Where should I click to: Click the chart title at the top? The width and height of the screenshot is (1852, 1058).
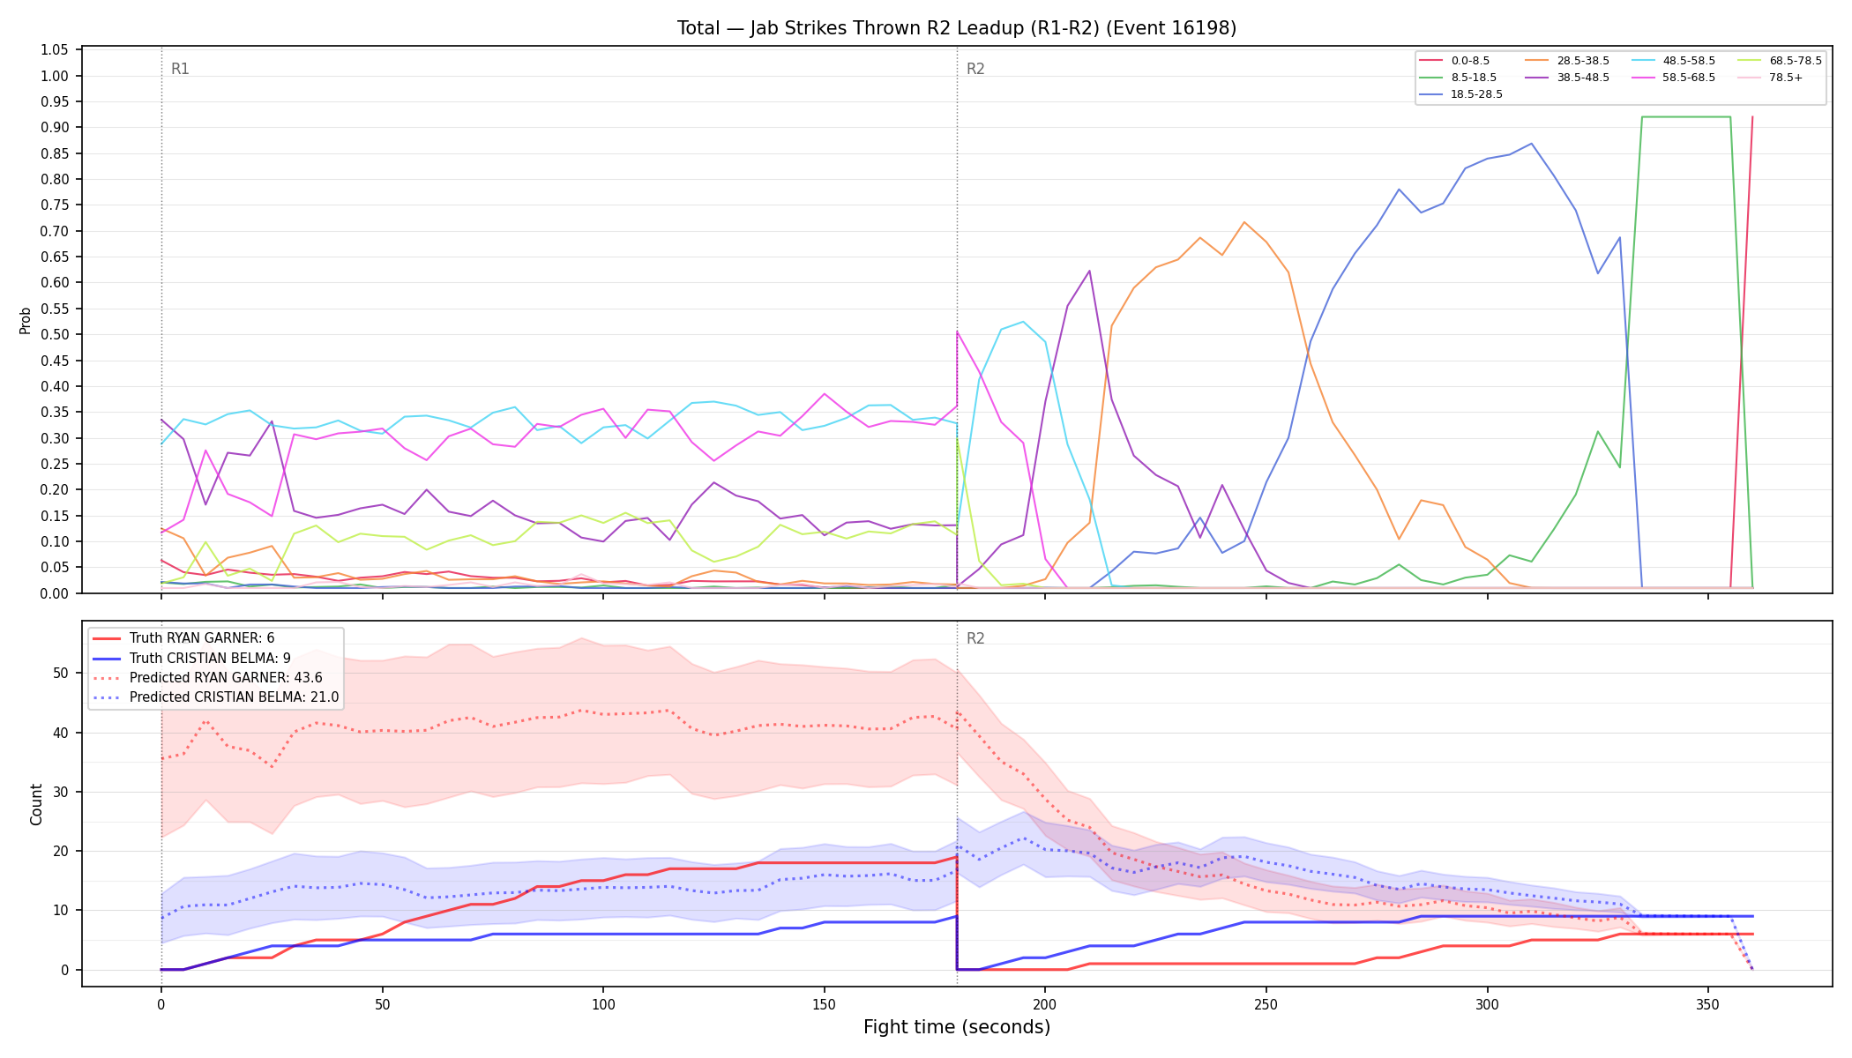(957, 28)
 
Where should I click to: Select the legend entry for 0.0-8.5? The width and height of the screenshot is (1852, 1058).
(1454, 61)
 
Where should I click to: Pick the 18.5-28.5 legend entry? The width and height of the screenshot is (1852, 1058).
(1460, 94)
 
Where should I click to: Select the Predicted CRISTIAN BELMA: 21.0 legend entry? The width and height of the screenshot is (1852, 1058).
(216, 697)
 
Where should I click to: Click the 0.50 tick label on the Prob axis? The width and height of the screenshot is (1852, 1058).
(55, 335)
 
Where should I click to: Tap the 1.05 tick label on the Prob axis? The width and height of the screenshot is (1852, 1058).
(55, 50)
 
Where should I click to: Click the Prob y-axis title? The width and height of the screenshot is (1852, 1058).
(26, 320)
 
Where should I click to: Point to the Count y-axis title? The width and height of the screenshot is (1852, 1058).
(36, 804)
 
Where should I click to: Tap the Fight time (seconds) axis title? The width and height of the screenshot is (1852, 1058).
(957, 1027)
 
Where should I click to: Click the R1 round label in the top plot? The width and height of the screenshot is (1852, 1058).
(180, 69)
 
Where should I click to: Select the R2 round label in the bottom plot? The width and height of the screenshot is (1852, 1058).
(975, 638)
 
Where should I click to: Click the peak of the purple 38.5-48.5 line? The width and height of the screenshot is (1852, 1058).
(1089, 271)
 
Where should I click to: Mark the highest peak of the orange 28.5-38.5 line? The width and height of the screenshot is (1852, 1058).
(1244, 221)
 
